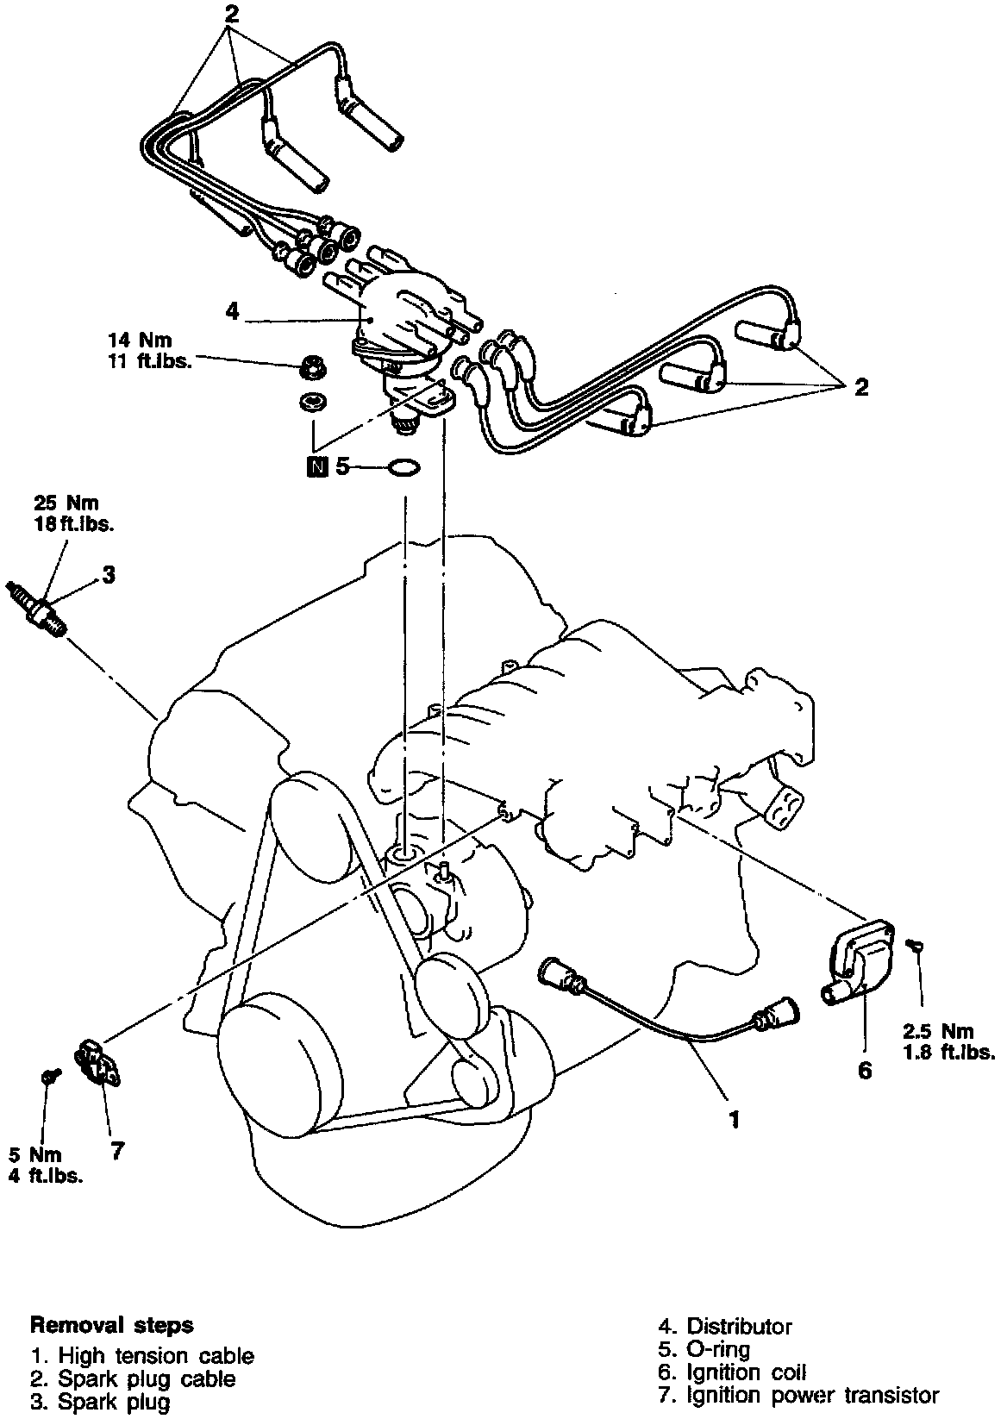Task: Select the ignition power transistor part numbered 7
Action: coord(96,1061)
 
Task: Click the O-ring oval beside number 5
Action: coord(403,467)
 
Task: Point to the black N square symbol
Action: coord(318,467)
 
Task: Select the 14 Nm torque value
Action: coord(140,340)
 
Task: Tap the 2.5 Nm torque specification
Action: coord(938,1031)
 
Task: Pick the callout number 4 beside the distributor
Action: coord(232,311)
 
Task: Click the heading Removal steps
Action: coord(112,1324)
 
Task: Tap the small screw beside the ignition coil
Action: coord(917,947)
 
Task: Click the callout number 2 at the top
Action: coord(230,12)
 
